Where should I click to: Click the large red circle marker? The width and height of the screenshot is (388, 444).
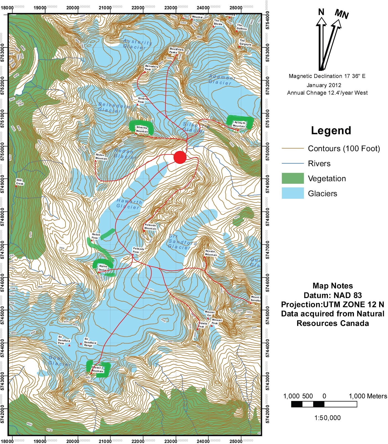click(180, 157)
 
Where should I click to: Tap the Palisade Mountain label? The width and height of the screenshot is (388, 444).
click(150, 227)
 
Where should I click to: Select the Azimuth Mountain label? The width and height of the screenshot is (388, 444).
click(239, 124)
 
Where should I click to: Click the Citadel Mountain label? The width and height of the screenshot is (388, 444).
click(97, 369)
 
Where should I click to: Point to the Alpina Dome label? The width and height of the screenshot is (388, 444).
click(103, 268)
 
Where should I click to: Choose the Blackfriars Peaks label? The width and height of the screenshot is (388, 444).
click(176, 51)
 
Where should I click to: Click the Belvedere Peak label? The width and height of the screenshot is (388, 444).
click(151, 68)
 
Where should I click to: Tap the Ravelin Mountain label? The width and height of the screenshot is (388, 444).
click(211, 253)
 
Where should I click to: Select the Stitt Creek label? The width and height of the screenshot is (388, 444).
click(19, 182)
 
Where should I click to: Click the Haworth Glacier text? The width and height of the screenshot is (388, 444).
click(129, 204)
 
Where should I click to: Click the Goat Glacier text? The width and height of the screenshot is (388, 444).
click(59, 361)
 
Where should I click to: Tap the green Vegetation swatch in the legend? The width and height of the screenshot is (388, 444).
click(292, 178)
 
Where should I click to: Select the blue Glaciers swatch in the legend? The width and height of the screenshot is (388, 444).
click(292, 193)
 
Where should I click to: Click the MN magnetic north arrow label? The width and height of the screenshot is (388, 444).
click(341, 14)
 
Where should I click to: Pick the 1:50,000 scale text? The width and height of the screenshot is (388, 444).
click(327, 418)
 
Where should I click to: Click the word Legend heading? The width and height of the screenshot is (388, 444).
click(331, 130)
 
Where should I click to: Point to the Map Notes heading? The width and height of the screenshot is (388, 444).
click(333, 286)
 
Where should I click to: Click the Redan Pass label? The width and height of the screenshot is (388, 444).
click(96, 236)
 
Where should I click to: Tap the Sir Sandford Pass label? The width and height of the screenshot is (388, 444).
click(64, 340)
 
